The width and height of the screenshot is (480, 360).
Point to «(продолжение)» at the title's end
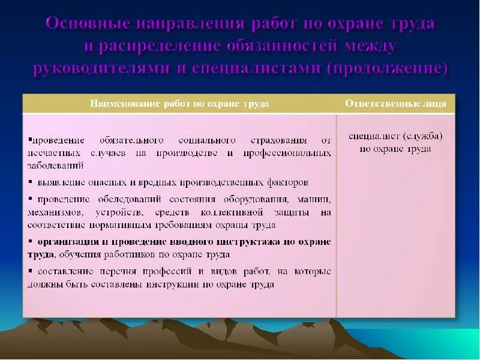click(x=387, y=68)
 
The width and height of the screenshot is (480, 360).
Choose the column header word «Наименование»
click(x=125, y=104)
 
